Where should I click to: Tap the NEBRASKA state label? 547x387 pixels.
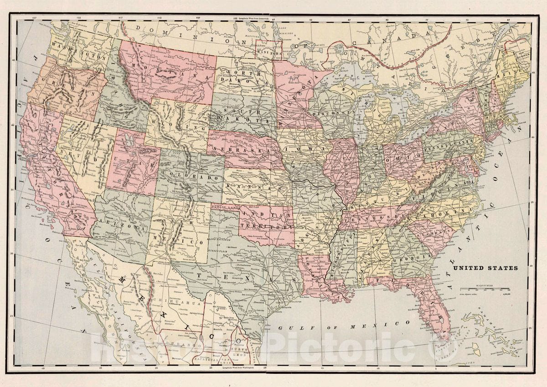point(237,151)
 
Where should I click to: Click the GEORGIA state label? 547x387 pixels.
point(413,258)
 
